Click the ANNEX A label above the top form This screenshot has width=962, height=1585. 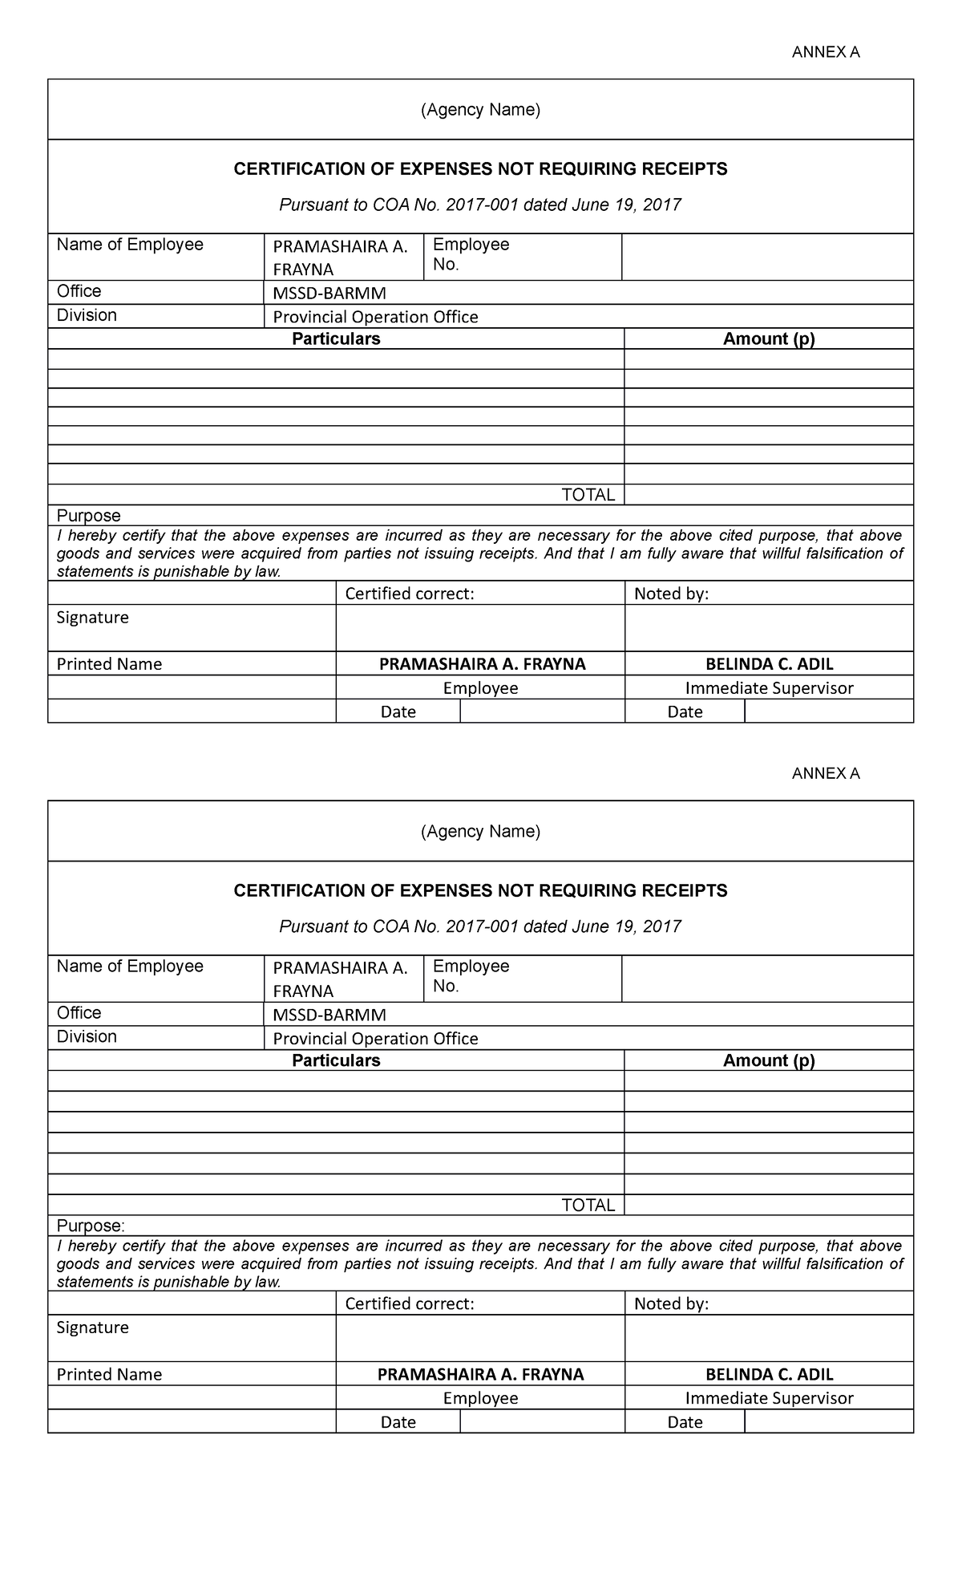tap(825, 53)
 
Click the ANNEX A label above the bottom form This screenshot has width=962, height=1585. tap(825, 774)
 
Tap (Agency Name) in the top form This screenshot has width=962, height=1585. tap(480, 110)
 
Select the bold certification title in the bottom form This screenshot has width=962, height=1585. tap(480, 890)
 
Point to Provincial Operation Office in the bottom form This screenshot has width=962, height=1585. tap(375, 1039)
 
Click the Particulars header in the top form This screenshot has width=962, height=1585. tap(336, 339)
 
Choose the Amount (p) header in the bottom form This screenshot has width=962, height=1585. tap(768, 1060)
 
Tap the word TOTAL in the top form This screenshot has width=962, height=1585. tap(588, 495)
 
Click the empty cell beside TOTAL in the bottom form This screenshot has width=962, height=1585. tap(768, 1205)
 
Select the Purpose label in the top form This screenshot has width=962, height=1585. tap(88, 516)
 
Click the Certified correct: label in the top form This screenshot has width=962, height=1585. tap(410, 594)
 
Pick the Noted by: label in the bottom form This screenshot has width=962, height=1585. tap(671, 1303)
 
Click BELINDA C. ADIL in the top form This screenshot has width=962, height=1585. tap(769, 664)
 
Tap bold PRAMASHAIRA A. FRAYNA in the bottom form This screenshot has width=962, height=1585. tap(480, 1374)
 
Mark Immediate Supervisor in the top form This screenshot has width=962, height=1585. tap(769, 688)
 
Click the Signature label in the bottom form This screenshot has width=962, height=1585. tap(92, 1328)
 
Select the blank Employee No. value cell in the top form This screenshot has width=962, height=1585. tap(767, 257)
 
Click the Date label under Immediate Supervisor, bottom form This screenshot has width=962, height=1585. tap(685, 1422)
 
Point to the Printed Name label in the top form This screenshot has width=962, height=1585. tap(109, 664)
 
